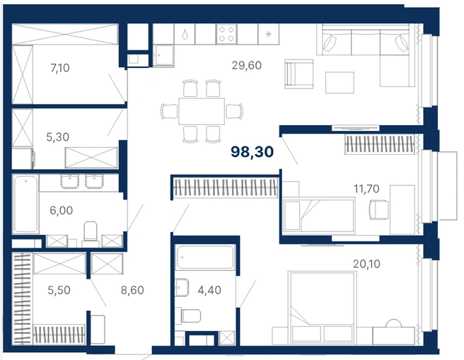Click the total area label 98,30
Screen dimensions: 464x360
252,152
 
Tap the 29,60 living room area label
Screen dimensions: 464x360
246,65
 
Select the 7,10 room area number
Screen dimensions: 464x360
60,68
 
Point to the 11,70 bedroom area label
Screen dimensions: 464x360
366,189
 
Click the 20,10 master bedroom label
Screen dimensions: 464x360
366,264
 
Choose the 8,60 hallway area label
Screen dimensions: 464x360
132,290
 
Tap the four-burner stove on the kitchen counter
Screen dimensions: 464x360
226,34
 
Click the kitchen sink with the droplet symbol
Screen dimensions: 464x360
185,34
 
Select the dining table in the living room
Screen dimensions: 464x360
202,112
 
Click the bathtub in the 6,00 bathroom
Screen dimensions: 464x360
25,204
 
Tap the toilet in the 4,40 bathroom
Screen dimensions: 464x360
190,316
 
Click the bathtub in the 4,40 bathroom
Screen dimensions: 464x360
205,257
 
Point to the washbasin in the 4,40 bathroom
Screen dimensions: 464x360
182,287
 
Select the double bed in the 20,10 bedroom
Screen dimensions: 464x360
321,308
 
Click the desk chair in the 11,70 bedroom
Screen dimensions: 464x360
379,210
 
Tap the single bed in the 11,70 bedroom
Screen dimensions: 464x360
319,215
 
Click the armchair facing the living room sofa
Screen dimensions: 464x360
299,74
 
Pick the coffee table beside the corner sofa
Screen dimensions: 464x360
340,83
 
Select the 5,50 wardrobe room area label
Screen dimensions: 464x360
59,290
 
